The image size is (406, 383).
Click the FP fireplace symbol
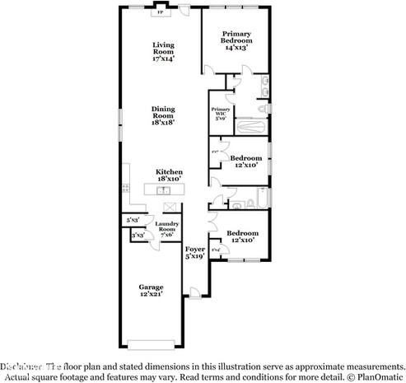tap(160, 12)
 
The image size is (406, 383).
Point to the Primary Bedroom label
tap(236, 40)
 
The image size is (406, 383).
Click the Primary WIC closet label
tap(220, 113)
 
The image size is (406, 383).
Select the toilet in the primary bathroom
tap(262, 108)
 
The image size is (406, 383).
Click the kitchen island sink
tap(165, 189)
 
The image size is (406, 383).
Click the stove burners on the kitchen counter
tap(125, 189)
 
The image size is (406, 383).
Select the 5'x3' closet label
tap(132, 220)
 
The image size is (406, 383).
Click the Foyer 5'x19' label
tap(194, 252)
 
